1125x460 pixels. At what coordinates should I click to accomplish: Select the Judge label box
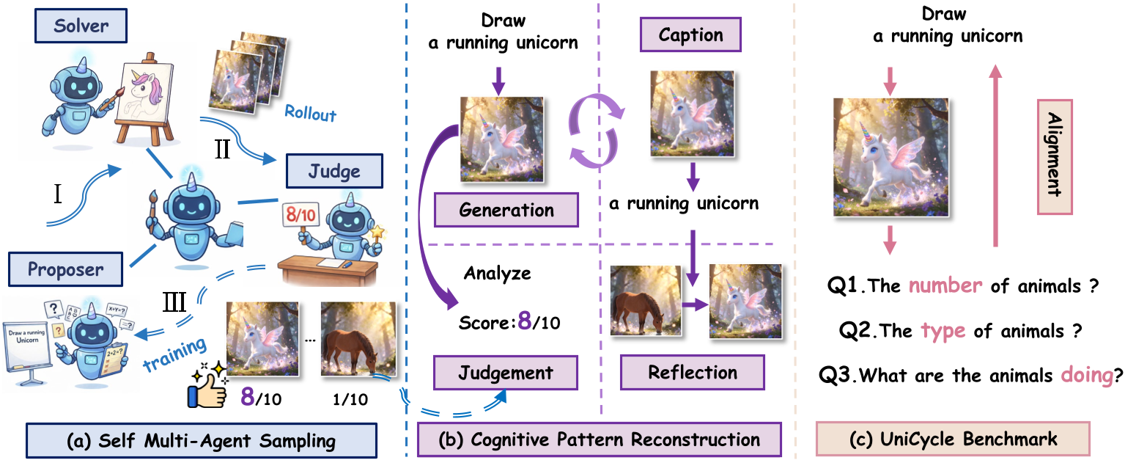334,172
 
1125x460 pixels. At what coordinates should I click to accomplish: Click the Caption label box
690,35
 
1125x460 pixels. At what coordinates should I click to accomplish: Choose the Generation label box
506,211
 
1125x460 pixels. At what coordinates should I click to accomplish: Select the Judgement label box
506,373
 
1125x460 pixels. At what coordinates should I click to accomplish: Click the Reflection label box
693,373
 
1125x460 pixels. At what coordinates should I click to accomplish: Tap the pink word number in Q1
946,285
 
